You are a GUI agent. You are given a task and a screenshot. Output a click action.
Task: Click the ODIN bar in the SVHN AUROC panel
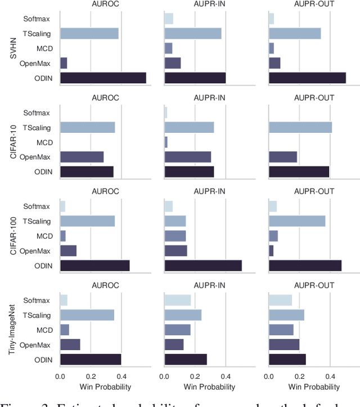click(x=103, y=78)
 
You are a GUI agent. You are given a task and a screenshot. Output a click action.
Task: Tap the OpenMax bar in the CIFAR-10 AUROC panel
click(x=82, y=156)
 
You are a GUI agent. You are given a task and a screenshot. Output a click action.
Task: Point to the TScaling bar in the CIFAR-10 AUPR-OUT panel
click(x=300, y=128)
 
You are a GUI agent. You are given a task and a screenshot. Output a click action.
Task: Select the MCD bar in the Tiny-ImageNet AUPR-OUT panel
click(x=281, y=329)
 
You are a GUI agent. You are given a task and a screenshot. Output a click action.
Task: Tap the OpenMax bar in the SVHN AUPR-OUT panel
click(x=274, y=63)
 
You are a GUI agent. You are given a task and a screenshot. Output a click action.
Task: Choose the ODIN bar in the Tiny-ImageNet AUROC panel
click(x=91, y=359)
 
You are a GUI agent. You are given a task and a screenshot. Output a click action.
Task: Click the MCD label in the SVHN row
click(x=45, y=48)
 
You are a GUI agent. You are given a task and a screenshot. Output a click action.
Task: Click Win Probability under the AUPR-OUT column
click(x=314, y=387)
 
